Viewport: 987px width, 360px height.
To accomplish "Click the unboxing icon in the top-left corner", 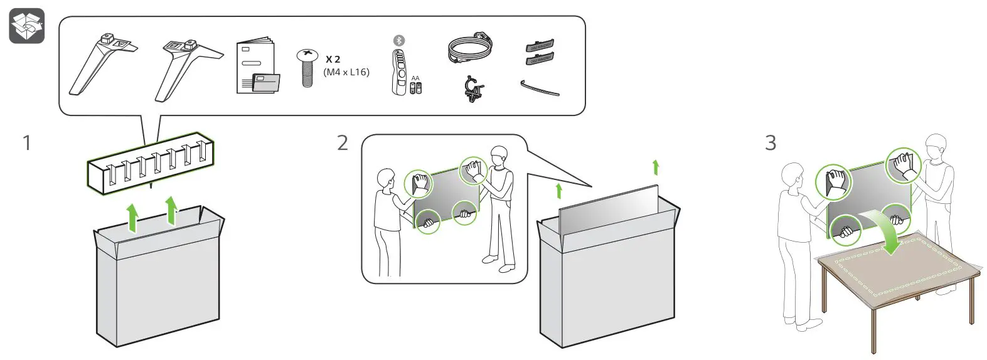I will (x=26, y=26).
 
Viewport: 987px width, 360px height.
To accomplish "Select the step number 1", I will (x=26, y=143).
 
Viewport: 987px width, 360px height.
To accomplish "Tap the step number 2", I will (x=342, y=143).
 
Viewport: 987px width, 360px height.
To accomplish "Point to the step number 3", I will (x=771, y=143).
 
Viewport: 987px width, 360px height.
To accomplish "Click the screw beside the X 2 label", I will (x=307, y=68).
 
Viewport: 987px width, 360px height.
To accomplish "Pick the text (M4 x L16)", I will (x=346, y=72).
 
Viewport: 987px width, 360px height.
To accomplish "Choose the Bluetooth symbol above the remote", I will (x=398, y=40).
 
